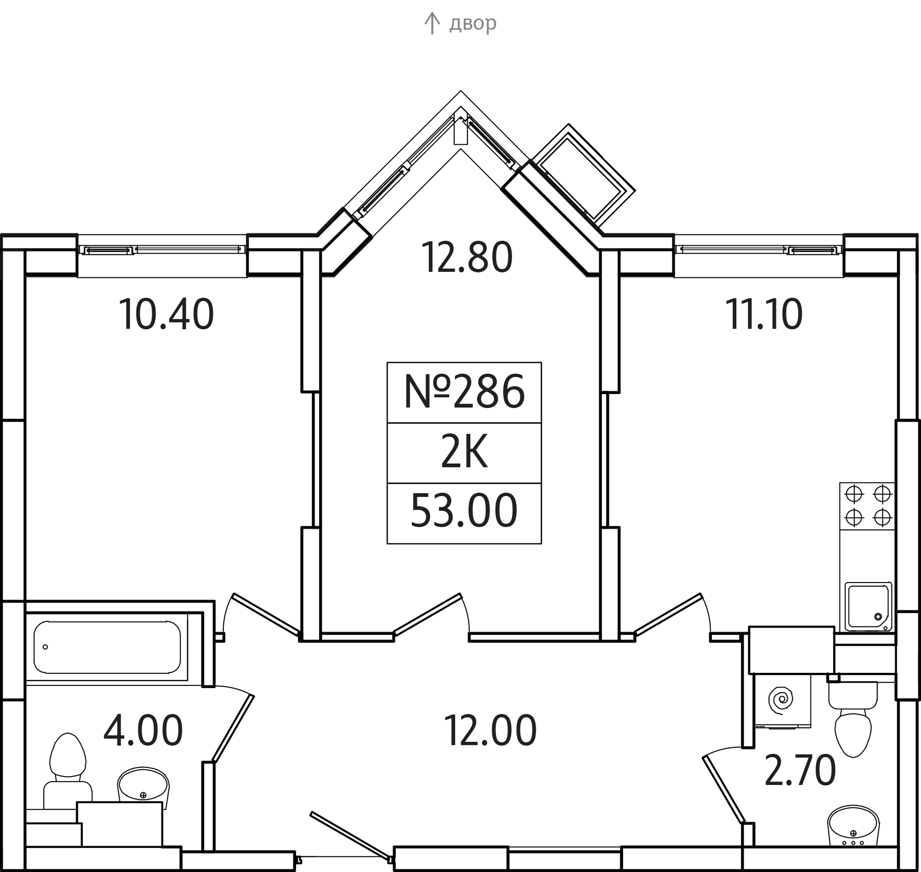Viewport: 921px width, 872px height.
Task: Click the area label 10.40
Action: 166,315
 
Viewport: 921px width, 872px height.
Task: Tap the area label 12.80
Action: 467,257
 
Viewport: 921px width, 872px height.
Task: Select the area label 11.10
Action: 764,315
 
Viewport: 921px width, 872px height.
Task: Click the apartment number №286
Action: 464,392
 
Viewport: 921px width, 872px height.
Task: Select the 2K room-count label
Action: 464,452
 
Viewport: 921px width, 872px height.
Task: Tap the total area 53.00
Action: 464,511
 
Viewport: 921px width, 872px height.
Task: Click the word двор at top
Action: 473,23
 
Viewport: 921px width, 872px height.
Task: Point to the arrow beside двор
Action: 432,23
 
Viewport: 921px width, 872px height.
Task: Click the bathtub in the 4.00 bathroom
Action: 107,647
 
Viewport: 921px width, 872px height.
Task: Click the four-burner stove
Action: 868,507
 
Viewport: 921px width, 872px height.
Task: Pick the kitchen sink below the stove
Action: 869,607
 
